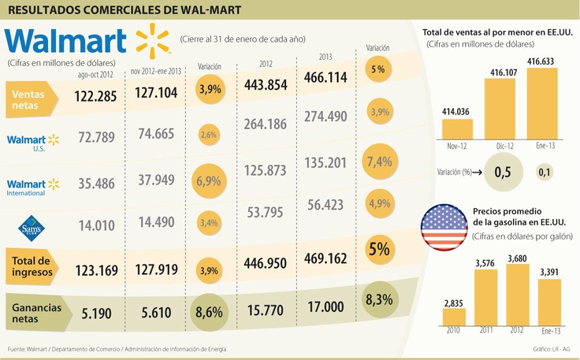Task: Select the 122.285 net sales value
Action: (96, 97)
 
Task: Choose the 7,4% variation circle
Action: (380, 161)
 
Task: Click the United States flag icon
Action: (444, 227)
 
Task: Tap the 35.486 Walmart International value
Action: (96, 184)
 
